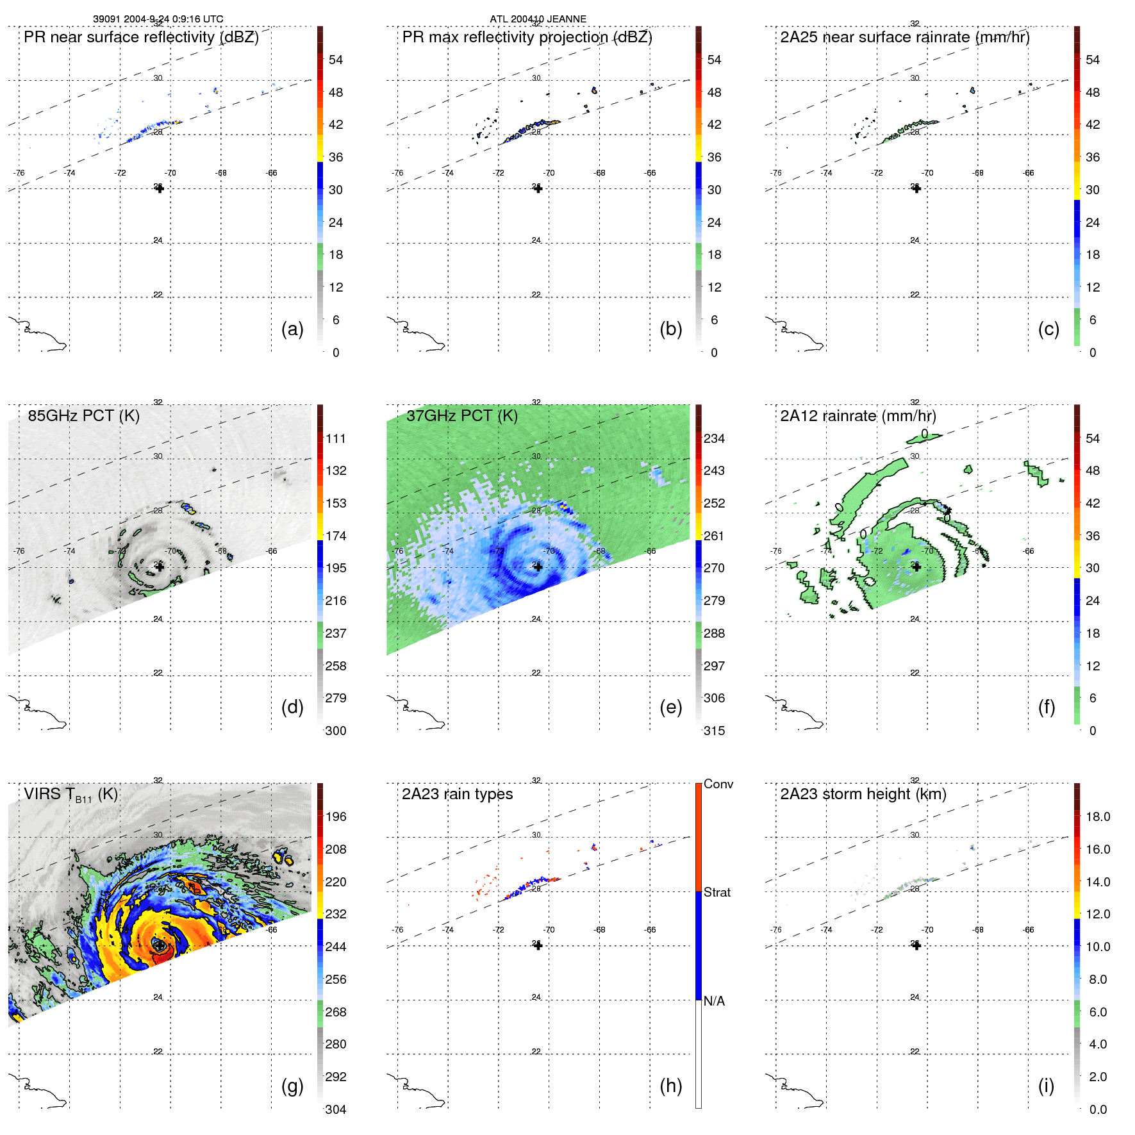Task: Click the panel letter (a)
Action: click(292, 329)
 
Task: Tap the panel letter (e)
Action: click(670, 707)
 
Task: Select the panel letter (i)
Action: click(1046, 1086)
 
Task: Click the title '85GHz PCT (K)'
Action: click(83, 415)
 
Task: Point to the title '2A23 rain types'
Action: click(457, 794)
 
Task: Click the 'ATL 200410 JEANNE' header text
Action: click(538, 19)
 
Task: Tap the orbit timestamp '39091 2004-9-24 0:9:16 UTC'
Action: click(158, 19)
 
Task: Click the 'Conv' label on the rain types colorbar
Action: click(718, 784)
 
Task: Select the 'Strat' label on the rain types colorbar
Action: click(717, 892)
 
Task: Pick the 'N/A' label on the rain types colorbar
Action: click(714, 1001)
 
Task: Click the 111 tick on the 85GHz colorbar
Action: click(335, 438)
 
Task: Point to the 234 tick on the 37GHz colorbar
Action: click(714, 438)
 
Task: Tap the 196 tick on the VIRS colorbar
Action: click(335, 816)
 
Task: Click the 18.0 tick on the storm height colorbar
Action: click(1097, 816)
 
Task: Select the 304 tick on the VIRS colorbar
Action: click(335, 1109)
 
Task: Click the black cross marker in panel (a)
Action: click(160, 188)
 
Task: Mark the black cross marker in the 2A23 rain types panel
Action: click(538, 945)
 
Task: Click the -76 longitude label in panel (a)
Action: click(19, 172)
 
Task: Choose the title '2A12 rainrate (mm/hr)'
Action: click(857, 415)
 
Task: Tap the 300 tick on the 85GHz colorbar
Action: click(335, 731)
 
